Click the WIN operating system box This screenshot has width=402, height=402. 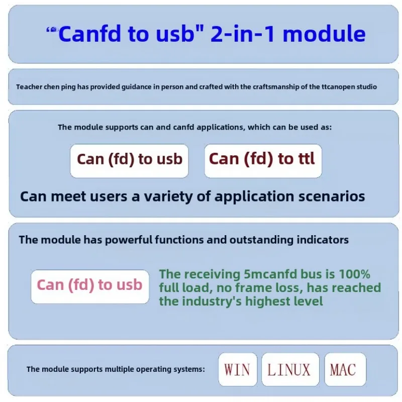237,370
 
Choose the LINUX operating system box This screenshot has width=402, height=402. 289,370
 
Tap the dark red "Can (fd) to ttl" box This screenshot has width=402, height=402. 262,160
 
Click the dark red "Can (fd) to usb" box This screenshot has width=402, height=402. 129,160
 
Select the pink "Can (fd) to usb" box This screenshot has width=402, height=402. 90,286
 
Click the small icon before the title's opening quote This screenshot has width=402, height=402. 53,30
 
